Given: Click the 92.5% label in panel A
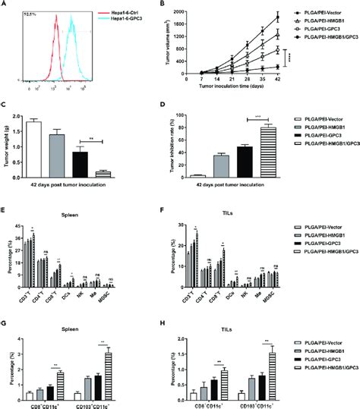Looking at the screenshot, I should (32, 14).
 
